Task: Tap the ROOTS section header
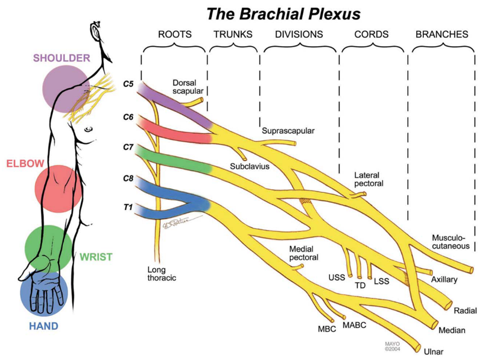click(174, 34)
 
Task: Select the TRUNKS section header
click(233, 34)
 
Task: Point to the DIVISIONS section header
click(299, 34)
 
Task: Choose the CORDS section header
click(372, 34)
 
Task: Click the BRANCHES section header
click(442, 34)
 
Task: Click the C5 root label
click(128, 84)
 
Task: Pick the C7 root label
click(128, 147)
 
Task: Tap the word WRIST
click(96, 257)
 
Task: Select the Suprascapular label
click(288, 131)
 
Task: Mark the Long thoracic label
click(161, 274)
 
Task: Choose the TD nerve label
click(360, 287)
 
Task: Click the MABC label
click(354, 325)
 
